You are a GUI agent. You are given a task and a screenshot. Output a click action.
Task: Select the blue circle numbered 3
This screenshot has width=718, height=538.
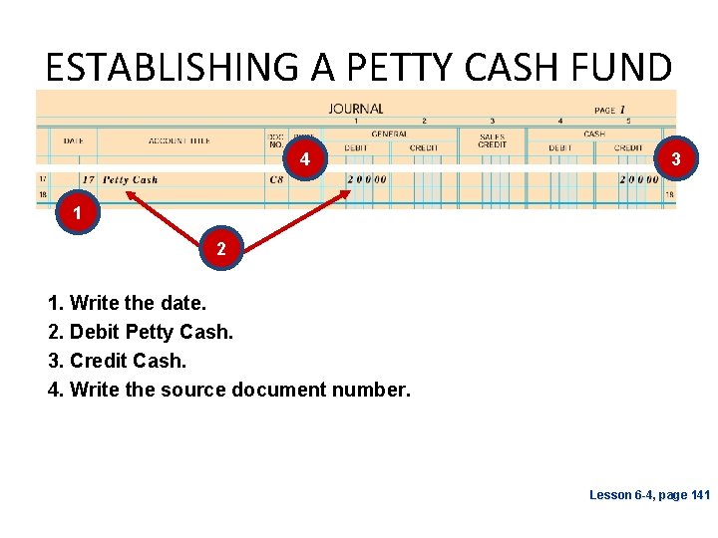coord(676,159)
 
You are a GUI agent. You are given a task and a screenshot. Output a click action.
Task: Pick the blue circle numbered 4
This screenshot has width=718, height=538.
coord(305,159)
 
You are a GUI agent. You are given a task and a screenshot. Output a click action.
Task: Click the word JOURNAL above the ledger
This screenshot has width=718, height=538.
coord(356,109)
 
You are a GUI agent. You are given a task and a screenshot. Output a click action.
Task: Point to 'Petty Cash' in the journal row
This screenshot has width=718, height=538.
coord(130,180)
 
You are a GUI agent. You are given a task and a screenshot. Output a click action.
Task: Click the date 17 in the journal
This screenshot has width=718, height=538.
coord(88,180)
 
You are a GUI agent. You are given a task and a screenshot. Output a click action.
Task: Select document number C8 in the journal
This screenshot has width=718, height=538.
coord(276,180)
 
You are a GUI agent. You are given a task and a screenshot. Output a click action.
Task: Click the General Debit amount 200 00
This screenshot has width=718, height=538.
coord(366,180)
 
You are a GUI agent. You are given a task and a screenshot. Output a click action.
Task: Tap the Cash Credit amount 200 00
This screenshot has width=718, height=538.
coord(638,180)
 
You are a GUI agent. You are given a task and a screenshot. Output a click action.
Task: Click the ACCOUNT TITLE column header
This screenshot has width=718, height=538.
coord(179,141)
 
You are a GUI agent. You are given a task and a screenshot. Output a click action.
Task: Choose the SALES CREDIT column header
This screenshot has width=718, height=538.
coord(492,141)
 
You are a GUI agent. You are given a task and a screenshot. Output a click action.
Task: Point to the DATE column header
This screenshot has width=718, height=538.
coord(73,141)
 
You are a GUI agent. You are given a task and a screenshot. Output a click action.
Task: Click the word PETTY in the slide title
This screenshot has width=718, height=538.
coord(390,68)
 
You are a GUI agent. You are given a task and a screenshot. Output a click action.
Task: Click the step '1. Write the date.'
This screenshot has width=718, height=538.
coord(123,303)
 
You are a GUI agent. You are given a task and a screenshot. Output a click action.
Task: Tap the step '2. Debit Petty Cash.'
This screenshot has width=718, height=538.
coord(141,332)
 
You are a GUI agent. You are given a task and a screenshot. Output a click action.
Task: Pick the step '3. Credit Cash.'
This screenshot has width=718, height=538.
coord(117,360)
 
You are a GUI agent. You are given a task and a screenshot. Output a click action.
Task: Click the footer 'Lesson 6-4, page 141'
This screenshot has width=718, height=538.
coord(649,495)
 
